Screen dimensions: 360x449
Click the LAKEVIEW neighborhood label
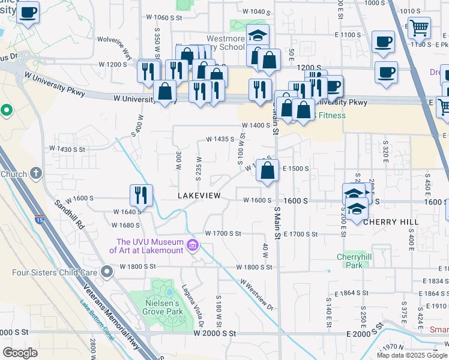199,196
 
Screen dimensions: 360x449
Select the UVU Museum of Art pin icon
193,245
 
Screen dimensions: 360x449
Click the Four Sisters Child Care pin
107,272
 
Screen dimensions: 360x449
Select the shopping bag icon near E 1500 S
267,170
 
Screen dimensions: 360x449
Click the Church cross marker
36,174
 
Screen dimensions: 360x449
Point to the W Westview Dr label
257,295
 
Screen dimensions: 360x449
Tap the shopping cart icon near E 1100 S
418,27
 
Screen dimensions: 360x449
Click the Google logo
20,353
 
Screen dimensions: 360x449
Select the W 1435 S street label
220,139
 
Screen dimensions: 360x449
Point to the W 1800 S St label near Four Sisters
137,266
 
